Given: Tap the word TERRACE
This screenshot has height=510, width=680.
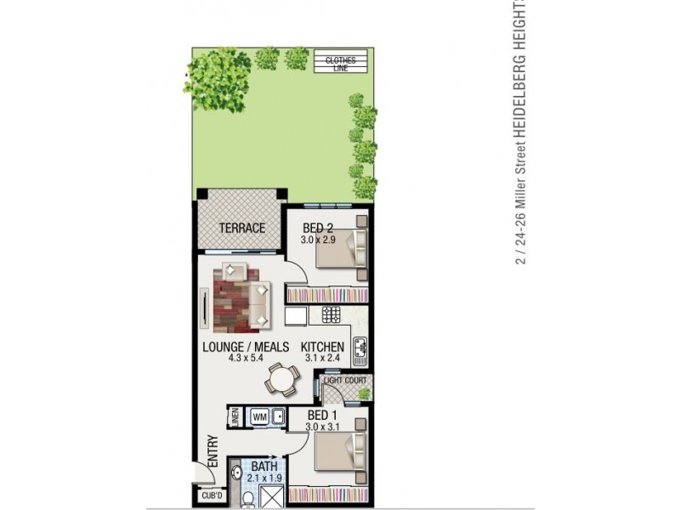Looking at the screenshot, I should point(242,228).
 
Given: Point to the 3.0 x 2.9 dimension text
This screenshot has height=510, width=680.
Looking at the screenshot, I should point(319,240).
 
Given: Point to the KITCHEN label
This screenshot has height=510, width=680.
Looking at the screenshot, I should point(323,347).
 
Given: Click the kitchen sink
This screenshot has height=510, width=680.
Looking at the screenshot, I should point(360,348).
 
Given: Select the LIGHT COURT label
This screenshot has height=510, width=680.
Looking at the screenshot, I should point(346,381).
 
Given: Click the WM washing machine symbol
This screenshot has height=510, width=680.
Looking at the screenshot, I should point(260,417).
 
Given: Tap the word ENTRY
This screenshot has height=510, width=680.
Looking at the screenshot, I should point(212,450).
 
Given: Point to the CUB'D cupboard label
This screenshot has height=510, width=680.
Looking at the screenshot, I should point(211,496).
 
